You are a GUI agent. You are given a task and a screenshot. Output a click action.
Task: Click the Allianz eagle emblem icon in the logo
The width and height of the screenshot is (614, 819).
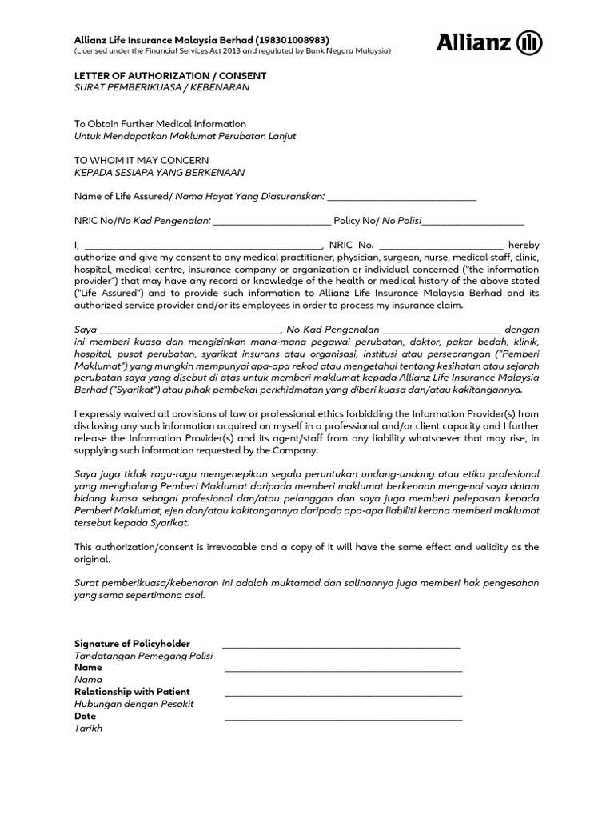[530, 42]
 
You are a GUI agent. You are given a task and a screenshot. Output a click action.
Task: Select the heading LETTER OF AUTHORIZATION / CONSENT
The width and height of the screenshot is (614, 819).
[170, 76]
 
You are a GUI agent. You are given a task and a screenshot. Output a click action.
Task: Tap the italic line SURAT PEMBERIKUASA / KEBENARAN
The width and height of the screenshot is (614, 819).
[161, 87]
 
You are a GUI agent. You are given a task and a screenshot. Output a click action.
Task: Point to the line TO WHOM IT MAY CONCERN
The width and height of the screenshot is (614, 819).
[142, 160]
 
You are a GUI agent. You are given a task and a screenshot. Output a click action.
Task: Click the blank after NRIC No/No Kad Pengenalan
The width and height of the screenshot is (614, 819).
[272, 221]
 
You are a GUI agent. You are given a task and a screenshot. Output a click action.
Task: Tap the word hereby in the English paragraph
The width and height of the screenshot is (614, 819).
[524, 245]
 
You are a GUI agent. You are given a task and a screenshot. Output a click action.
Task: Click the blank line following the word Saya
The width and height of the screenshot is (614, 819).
[189, 330]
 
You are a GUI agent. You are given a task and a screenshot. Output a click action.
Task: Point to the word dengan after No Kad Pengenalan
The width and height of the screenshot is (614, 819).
[522, 330]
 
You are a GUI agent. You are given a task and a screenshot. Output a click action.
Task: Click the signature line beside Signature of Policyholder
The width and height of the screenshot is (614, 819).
[341, 644]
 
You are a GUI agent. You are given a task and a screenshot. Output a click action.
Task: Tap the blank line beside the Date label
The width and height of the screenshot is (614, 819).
[343, 717]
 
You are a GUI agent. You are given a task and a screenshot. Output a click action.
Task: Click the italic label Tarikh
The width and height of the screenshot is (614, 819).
[88, 729]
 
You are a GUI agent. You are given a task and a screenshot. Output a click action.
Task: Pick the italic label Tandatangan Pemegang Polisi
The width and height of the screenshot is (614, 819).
[143, 656]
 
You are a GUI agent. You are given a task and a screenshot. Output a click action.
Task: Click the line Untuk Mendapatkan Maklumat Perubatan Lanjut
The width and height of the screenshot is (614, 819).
[185, 136]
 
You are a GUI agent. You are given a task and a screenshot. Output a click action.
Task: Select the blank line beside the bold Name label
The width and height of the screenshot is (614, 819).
[343, 669]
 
